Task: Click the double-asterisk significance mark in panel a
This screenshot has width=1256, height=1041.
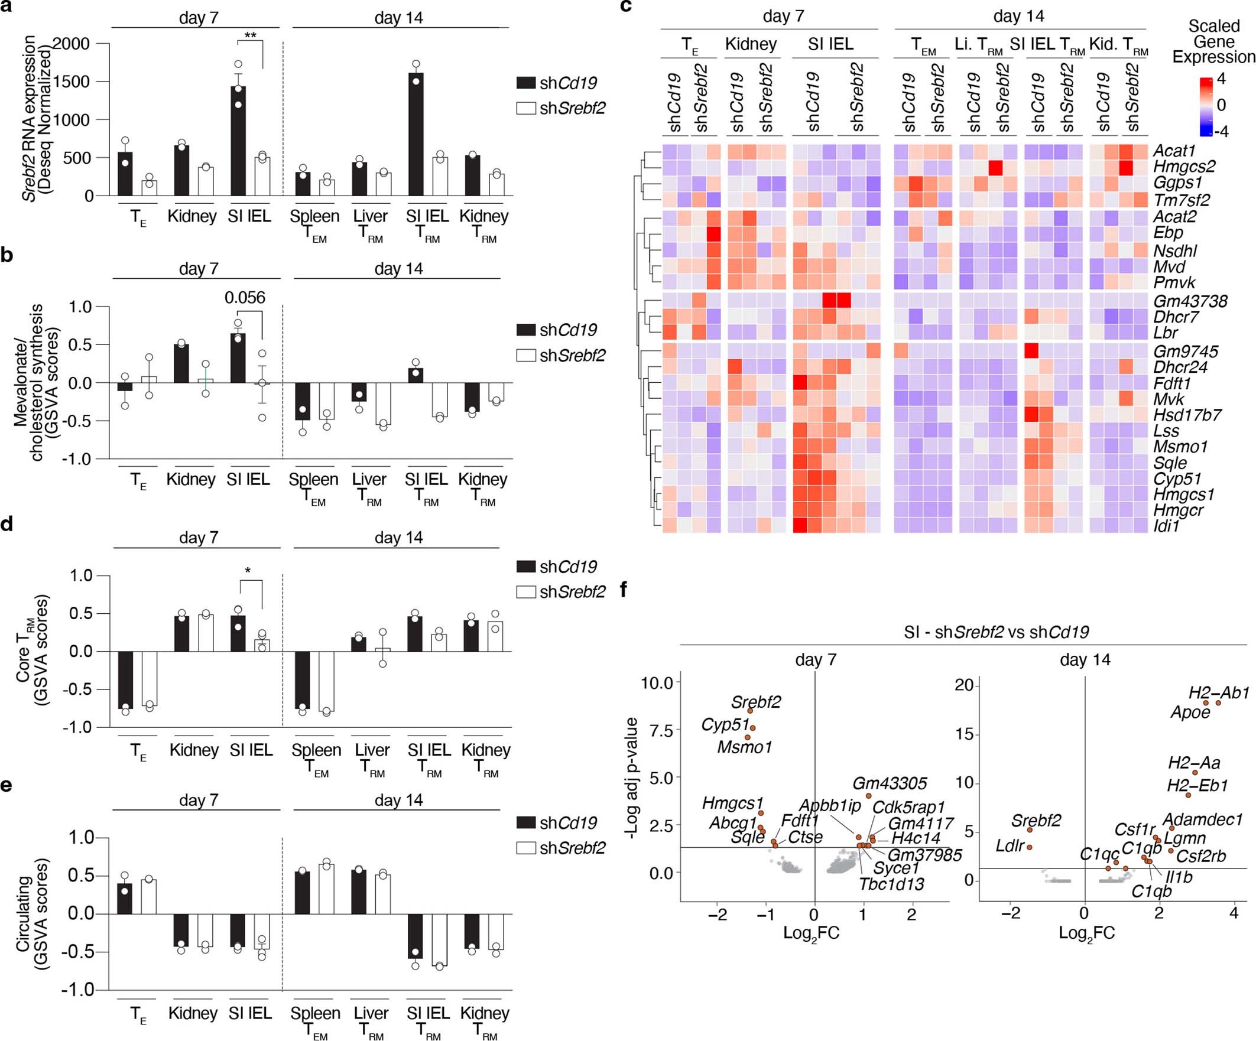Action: (x=250, y=35)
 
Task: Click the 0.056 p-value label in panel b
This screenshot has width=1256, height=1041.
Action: (x=245, y=297)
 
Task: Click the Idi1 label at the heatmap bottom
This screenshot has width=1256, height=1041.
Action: (x=1166, y=526)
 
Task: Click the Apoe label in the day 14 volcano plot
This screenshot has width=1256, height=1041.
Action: (x=1190, y=712)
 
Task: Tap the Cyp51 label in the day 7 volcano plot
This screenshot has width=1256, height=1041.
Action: (x=724, y=724)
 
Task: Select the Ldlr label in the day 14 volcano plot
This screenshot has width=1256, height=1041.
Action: (x=1010, y=845)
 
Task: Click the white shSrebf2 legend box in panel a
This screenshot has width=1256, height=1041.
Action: (x=525, y=108)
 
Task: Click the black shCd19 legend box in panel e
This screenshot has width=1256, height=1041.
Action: (x=525, y=822)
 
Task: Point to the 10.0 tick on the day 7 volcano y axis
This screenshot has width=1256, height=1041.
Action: (x=657, y=682)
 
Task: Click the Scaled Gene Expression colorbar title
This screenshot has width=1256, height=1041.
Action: (x=1213, y=41)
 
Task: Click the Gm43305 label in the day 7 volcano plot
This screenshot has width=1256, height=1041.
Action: (x=890, y=783)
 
